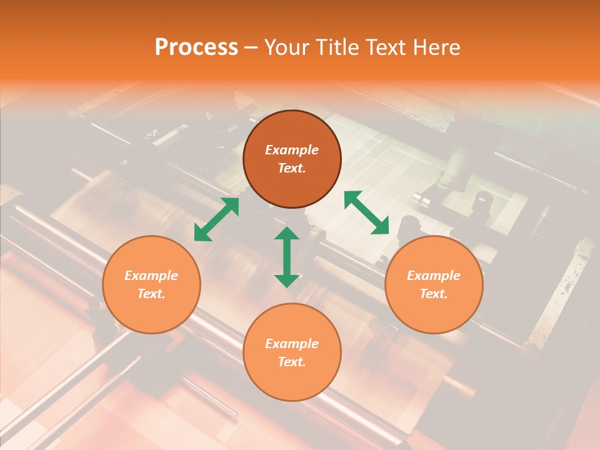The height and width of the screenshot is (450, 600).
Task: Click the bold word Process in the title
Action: click(196, 47)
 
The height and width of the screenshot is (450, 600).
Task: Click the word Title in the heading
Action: click(337, 47)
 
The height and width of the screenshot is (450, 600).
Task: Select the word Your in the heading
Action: click(286, 47)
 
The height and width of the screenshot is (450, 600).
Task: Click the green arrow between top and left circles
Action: click(216, 219)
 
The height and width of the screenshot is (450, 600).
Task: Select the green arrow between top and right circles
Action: click(367, 213)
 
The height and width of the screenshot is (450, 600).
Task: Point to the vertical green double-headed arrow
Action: click(287, 257)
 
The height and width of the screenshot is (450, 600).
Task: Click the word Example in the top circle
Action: click(292, 150)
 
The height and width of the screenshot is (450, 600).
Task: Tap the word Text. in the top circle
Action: click(292, 168)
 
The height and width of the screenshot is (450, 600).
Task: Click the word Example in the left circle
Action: click(151, 276)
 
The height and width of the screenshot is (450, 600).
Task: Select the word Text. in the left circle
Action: click(151, 294)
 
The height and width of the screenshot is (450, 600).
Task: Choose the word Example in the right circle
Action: click(434, 276)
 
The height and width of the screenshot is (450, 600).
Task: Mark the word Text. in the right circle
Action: click(434, 294)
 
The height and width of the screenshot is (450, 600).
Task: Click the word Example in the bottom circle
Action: click(292, 344)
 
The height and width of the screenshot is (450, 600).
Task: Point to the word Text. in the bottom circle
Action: click(292, 362)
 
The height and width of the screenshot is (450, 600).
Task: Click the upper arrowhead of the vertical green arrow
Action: click(287, 234)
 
